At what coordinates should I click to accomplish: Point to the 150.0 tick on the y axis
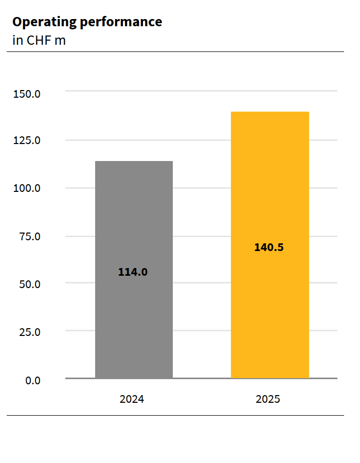(x=27, y=94)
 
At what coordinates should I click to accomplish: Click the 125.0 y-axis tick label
(x=27, y=140)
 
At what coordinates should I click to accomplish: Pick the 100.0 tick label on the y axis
(x=27, y=188)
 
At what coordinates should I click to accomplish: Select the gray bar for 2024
(x=134, y=216)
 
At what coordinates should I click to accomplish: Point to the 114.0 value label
(x=133, y=272)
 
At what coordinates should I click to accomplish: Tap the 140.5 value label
(x=269, y=247)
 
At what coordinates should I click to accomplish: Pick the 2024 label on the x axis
(x=132, y=399)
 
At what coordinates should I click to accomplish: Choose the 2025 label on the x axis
(x=268, y=399)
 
